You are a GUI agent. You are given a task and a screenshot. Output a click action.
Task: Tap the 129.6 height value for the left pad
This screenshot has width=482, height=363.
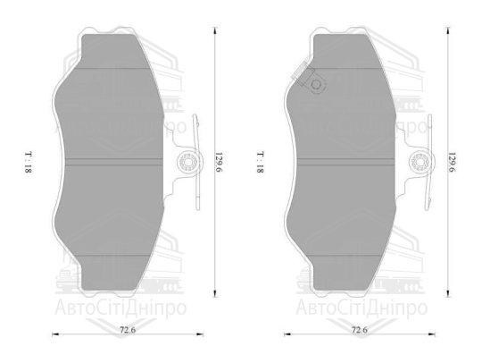[x=215, y=164]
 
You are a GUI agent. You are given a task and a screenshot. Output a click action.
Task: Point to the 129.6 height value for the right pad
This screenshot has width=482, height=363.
[x=452, y=163]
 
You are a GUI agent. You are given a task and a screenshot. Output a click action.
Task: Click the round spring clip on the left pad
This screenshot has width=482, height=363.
[x=187, y=162]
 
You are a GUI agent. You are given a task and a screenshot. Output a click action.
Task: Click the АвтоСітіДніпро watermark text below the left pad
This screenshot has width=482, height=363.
[x=125, y=310]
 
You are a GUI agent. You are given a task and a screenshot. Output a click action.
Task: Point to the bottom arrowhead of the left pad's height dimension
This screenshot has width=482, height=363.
[x=215, y=300]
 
